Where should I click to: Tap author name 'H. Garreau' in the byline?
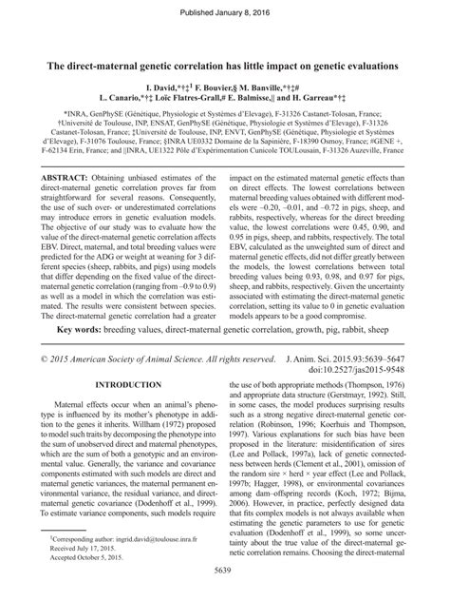point(306,98)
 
